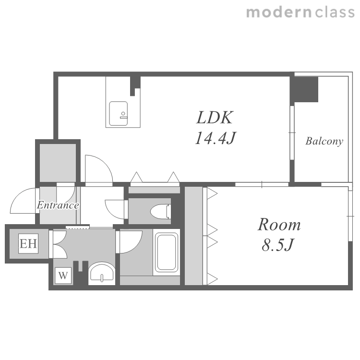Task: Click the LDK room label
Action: point(215,118)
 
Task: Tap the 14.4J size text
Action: point(215,138)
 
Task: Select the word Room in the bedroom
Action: point(279,224)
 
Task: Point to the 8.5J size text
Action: point(277,245)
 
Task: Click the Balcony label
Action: point(324,141)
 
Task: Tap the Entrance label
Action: point(58,205)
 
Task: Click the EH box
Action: point(28,243)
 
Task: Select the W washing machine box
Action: point(63,276)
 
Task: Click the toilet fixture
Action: point(161,211)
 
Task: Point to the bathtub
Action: point(167,252)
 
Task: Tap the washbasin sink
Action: point(102,273)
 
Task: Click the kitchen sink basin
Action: point(119,114)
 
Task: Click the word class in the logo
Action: point(335,12)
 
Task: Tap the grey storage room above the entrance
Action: point(58,163)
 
